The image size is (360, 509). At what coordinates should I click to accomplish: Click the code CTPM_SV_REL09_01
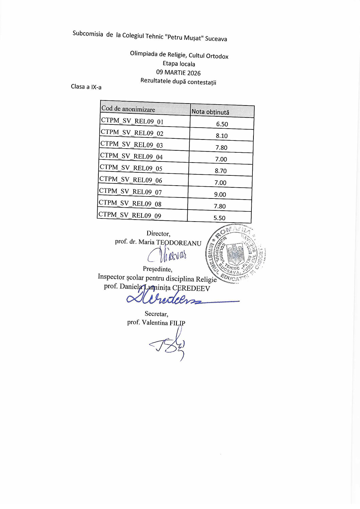(x=132, y=121)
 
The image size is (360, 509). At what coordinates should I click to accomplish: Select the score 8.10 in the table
(x=222, y=136)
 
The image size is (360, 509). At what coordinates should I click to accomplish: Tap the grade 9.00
(x=220, y=194)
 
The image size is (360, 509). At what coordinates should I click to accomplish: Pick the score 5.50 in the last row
(x=219, y=218)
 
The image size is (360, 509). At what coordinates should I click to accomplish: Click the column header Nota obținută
(x=210, y=112)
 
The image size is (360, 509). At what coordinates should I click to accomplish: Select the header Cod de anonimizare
(x=128, y=109)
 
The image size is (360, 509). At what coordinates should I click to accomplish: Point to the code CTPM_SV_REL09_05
(x=131, y=168)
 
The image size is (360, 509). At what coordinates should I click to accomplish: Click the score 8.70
(x=221, y=171)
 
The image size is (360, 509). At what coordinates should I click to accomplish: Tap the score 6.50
(x=222, y=124)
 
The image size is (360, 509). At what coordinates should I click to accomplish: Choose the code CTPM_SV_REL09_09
(x=130, y=215)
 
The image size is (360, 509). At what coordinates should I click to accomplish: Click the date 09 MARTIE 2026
(x=178, y=73)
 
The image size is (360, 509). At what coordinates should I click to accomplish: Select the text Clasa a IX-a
(x=86, y=87)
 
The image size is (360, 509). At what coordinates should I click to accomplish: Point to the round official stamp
(x=235, y=254)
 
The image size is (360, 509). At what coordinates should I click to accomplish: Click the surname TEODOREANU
(x=179, y=243)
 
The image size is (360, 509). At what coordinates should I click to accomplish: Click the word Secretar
(x=156, y=314)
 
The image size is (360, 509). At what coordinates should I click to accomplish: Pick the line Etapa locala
(x=179, y=64)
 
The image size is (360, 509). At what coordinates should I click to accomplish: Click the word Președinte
(x=157, y=269)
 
